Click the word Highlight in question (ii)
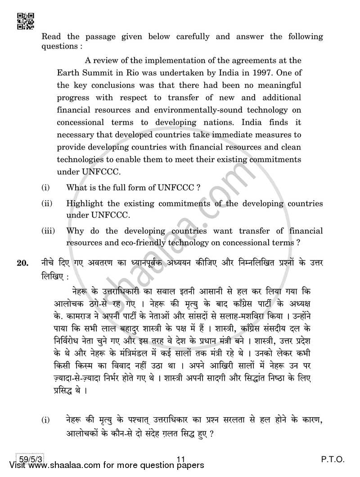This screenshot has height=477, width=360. [x=84, y=203]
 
